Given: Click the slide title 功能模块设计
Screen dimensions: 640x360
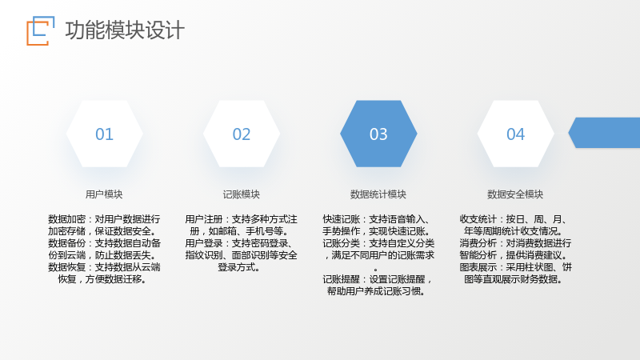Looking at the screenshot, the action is coord(125,30).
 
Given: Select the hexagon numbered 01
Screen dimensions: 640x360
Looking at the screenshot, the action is coord(105,134).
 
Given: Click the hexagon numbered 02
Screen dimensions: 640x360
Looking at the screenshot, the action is coord(242,134).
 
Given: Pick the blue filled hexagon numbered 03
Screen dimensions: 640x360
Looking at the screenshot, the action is coord(378,134).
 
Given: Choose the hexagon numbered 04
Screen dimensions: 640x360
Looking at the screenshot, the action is coord(516,134).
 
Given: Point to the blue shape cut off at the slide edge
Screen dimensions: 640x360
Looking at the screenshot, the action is coord(605,133).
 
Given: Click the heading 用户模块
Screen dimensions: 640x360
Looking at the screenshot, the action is coord(104,194).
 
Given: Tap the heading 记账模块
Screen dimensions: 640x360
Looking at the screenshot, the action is coord(242,194).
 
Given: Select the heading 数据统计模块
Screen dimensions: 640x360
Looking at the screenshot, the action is coord(378,194).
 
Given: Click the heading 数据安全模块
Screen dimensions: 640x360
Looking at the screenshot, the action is coord(515,194).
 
